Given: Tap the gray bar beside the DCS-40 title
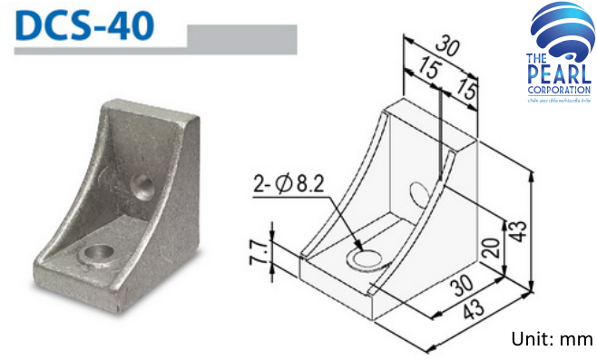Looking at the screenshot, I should [240, 39].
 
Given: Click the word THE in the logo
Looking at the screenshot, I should [535, 61].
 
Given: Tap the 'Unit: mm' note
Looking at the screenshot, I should [552, 340].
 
